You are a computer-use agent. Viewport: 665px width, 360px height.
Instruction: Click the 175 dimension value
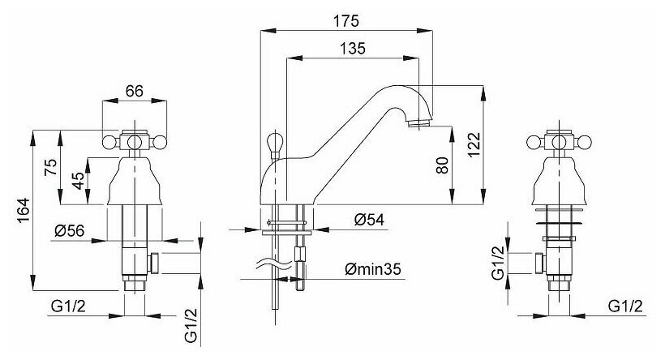tap(346, 21)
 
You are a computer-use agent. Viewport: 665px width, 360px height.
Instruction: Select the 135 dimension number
tap(353, 49)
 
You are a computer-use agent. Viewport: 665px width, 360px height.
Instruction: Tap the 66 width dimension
tap(135, 91)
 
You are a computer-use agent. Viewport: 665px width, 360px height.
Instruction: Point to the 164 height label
tap(24, 211)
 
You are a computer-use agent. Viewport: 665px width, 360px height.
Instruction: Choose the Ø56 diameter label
tap(70, 230)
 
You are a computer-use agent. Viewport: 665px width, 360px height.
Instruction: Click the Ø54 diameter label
tap(369, 220)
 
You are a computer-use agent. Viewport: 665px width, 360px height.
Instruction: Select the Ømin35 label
tap(373, 269)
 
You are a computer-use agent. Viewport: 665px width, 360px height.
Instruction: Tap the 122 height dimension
tap(474, 144)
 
